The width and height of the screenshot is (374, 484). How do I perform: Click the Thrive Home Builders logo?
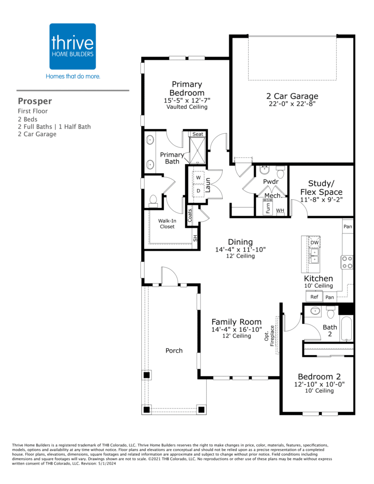click(x=73, y=46)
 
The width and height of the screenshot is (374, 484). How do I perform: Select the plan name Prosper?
click(x=35, y=101)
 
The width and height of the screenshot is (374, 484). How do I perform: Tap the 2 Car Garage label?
click(x=292, y=96)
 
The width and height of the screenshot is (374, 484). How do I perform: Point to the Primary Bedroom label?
click(x=187, y=88)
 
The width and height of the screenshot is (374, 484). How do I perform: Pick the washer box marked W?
click(x=199, y=178)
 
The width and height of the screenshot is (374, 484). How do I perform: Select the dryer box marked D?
click(x=199, y=190)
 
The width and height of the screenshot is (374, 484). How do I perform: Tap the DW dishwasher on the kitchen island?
click(x=314, y=242)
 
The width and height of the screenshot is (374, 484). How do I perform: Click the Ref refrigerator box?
click(x=314, y=297)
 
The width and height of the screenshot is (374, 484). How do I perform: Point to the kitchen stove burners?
click(x=347, y=262)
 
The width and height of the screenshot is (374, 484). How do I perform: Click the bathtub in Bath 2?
click(x=347, y=329)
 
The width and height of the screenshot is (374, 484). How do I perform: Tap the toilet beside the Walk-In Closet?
click(x=153, y=201)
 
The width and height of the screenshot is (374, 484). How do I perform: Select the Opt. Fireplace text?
click(x=270, y=336)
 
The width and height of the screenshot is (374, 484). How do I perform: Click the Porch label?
click(x=174, y=350)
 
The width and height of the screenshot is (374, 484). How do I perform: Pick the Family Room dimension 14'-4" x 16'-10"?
click(x=236, y=329)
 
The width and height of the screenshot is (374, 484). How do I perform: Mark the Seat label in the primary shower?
click(x=198, y=134)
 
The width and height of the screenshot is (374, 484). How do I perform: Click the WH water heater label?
click(x=280, y=210)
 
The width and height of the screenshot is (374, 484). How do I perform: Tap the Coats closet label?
click(x=190, y=216)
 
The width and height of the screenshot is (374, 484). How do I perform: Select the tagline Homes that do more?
click(x=73, y=76)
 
